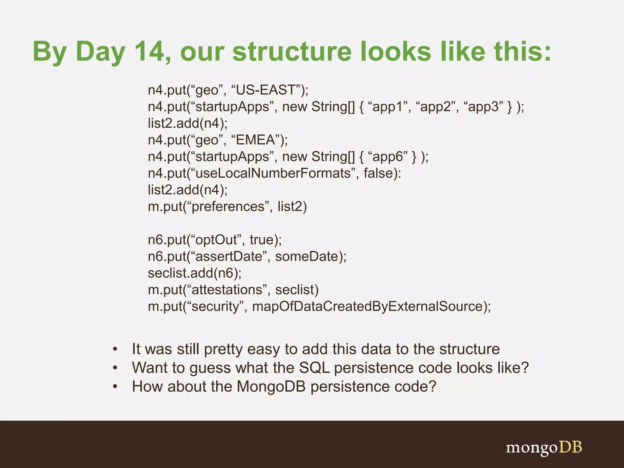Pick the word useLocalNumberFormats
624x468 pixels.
point(273,173)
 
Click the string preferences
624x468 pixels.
point(228,207)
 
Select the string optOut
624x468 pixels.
point(216,240)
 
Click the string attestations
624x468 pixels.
point(227,289)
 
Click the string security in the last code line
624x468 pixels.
point(215,306)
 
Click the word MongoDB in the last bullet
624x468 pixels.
point(271,386)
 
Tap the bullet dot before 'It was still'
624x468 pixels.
point(115,349)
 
